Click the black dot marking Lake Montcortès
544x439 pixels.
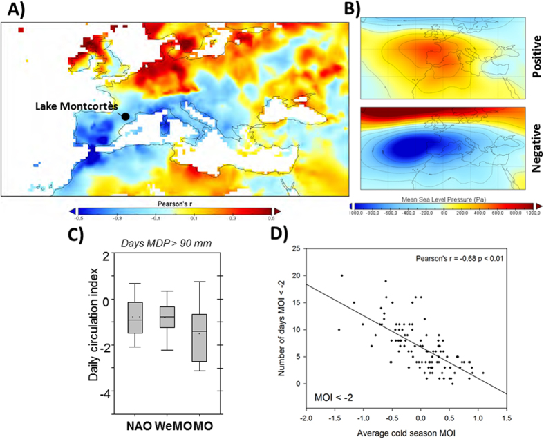(x=125, y=116)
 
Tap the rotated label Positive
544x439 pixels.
(x=536, y=59)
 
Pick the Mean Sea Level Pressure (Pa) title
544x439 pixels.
(x=447, y=197)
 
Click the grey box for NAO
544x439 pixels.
(x=135, y=318)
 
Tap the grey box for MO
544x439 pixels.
(x=199, y=338)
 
